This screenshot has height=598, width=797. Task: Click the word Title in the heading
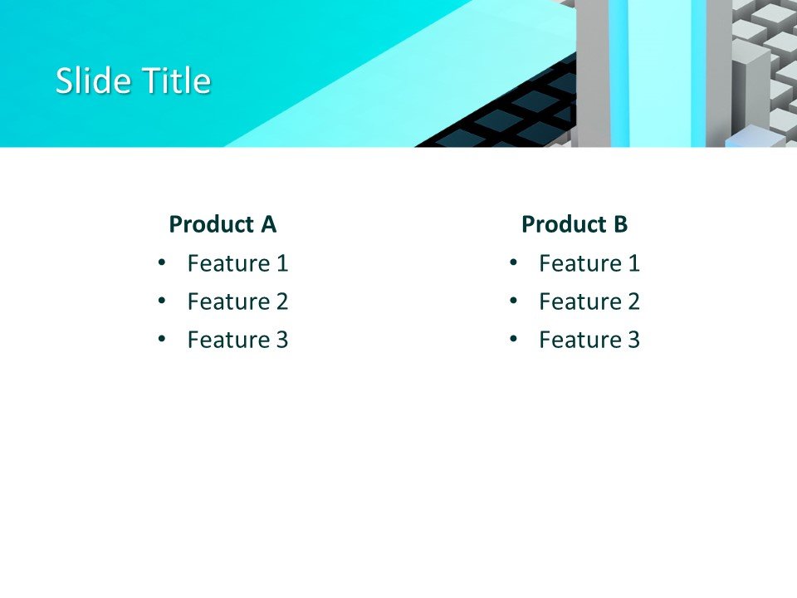click(x=176, y=81)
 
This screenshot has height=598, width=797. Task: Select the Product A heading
click(x=222, y=224)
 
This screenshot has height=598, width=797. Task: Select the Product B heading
click(x=575, y=224)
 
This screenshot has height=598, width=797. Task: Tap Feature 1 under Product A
click(x=237, y=264)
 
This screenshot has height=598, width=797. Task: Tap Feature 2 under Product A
click(x=237, y=301)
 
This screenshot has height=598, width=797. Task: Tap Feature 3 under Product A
click(x=237, y=340)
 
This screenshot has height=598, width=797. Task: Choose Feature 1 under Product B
click(x=589, y=264)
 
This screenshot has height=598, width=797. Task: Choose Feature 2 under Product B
click(x=589, y=301)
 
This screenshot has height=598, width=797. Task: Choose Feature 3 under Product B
click(x=589, y=340)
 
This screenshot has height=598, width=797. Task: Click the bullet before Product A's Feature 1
click(x=161, y=263)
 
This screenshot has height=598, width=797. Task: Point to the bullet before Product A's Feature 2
click(x=161, y=301)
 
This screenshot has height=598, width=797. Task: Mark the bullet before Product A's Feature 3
click(x=161, y=339)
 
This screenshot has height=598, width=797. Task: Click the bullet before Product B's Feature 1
click(x=513, y=263)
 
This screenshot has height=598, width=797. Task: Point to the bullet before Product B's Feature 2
click(x=513, y=301)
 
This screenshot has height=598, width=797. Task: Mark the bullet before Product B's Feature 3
click(x=513, y=339)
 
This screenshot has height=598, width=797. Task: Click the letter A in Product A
click(x=268, y=224)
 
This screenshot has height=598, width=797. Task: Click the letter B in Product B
click(x=620, y=224)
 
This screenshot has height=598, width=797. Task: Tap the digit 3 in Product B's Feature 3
click(x=633, y=340)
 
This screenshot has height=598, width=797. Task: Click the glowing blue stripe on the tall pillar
click(x=619, y=75)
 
